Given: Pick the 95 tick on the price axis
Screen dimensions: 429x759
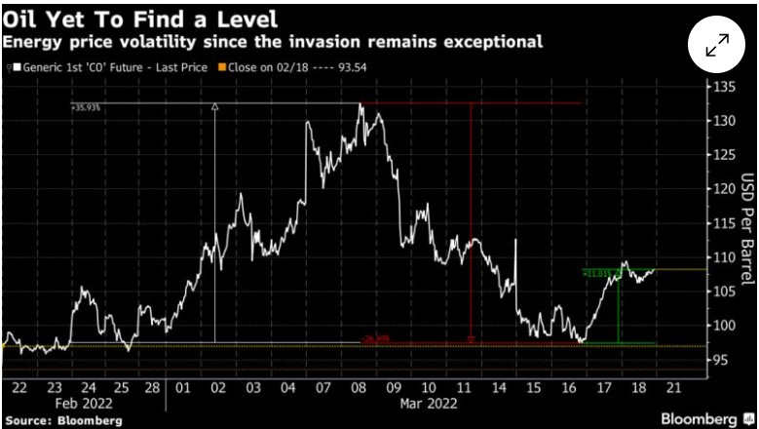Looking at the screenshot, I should point(721,360).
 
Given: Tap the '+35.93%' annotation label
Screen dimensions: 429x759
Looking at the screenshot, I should point(87,108).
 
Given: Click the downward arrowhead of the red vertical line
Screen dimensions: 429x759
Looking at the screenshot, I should point(472,339).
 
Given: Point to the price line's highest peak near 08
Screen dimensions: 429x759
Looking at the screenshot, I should point(361,103).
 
